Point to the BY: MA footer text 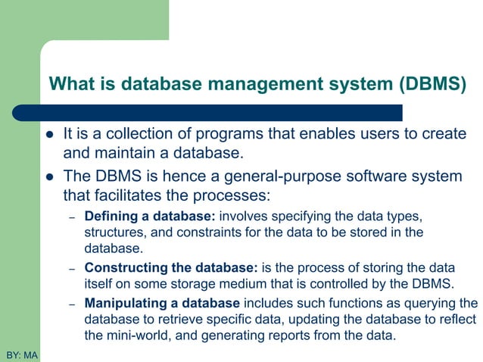[20, 354]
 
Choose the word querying [425, 304]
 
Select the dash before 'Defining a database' [72, 217]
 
